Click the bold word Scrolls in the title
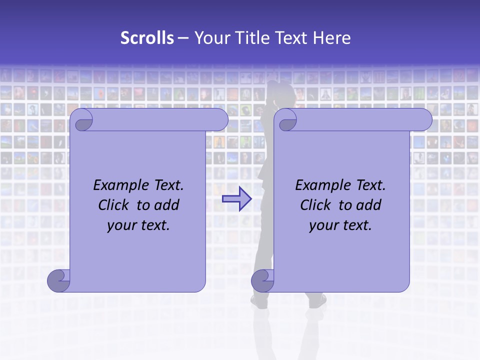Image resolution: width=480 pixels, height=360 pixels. [x=147, y=38]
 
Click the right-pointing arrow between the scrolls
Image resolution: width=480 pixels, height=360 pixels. [x=237, y=199]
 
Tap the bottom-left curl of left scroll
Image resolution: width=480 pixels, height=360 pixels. [x=59, y=280]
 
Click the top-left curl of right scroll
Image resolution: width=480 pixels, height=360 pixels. [x=287, y=120]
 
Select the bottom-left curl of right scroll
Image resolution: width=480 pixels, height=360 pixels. [x=263, y=280]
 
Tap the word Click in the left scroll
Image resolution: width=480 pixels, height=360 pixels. [x=114, y=205]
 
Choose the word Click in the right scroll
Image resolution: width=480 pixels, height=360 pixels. [x=315, y=205]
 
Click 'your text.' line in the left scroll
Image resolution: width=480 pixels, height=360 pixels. [x=138, y=225]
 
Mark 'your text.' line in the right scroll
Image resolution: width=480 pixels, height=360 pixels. [x=340, y=225]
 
